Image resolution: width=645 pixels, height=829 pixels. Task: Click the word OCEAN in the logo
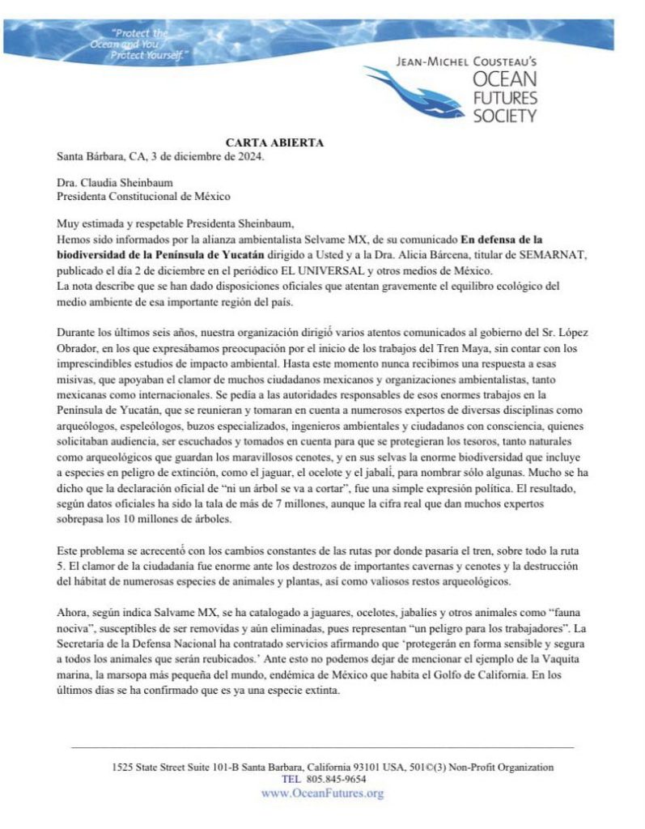(504, 81)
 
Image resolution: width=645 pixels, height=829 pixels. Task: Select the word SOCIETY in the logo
(504, 115)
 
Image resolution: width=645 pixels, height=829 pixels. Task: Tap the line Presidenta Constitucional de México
(143, 196)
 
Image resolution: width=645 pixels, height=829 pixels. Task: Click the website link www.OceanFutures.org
(322, 793)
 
